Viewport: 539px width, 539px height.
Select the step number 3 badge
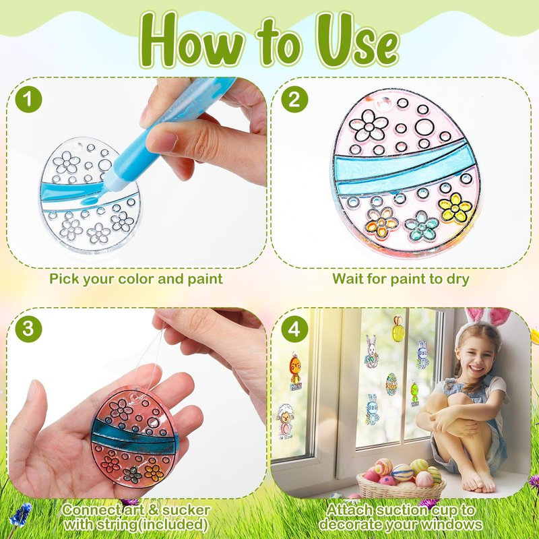point(28,329)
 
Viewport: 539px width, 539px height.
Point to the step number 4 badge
point(294,329)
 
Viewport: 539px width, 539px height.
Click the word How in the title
point(193,41)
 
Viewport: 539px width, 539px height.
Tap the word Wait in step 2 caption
point(347,278)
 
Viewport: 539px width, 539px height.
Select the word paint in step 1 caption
point(205,279)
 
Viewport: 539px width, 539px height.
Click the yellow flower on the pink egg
point(455,208)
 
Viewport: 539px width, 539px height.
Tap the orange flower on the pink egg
point(381,223)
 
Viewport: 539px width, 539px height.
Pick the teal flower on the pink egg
point(422,226)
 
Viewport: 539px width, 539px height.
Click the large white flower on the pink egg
point(369,125)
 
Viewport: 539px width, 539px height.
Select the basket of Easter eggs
point(400,478)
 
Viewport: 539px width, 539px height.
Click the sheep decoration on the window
point(285,422)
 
